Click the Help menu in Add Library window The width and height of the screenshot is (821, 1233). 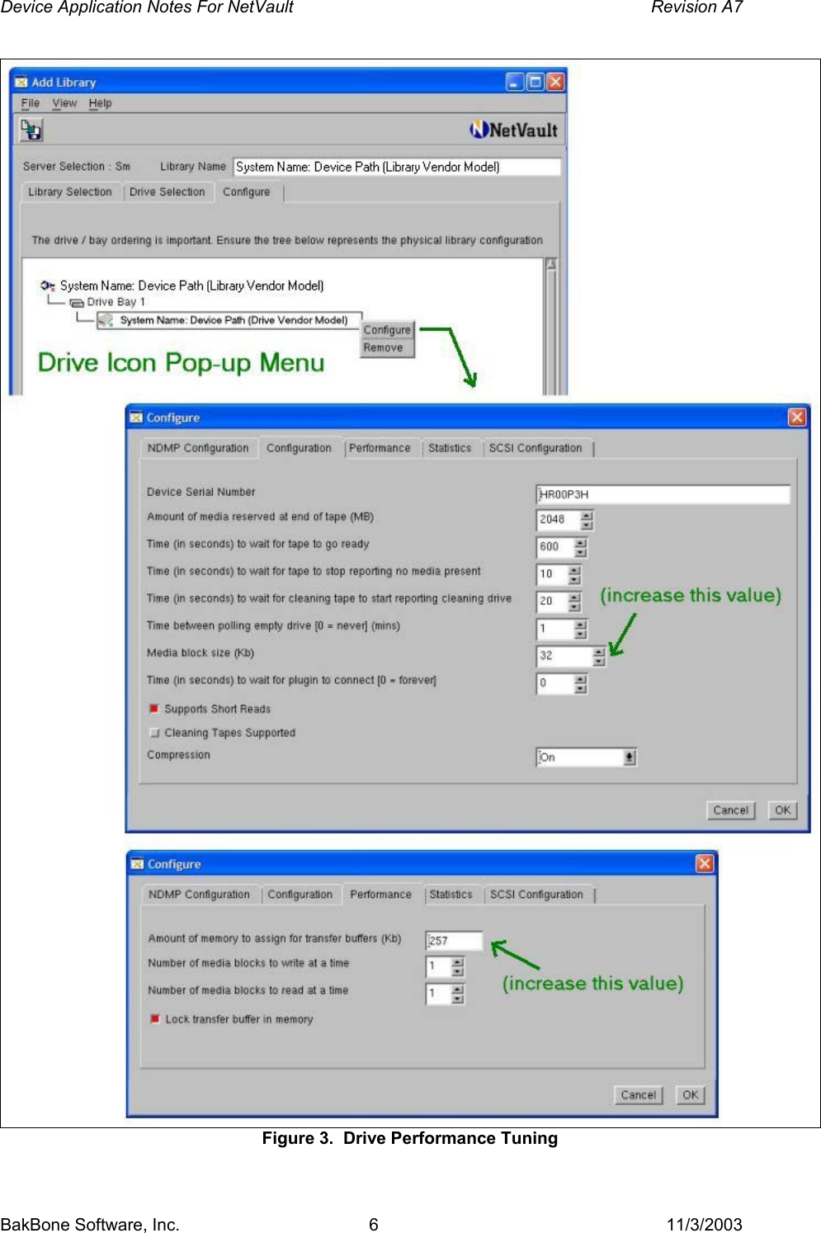pos(100,103)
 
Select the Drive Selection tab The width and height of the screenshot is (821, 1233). pos(167,191)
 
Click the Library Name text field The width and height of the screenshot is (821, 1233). pos(396,167)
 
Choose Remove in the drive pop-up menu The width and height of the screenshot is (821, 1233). pos(384,348)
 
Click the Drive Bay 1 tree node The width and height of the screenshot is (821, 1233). pos(116,302)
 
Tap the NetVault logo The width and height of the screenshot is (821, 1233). pos(514,130)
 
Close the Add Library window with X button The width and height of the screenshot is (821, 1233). pos(555,82)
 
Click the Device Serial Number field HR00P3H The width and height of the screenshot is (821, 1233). pos(662,494)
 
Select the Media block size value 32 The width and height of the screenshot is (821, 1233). pos(563,656)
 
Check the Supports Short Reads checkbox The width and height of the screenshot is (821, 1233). pos(154,709)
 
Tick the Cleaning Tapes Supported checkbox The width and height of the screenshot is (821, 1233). pos(154,733)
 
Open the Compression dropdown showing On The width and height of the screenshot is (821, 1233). pos(586,758)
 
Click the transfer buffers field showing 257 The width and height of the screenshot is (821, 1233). pos(453,941)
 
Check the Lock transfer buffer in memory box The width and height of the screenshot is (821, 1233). pos(155,1019)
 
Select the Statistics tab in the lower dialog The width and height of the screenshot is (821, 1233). pos(451,895)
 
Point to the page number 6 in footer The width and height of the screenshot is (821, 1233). pos(374,1224)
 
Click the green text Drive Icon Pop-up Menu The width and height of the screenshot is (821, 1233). pos(181,362)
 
